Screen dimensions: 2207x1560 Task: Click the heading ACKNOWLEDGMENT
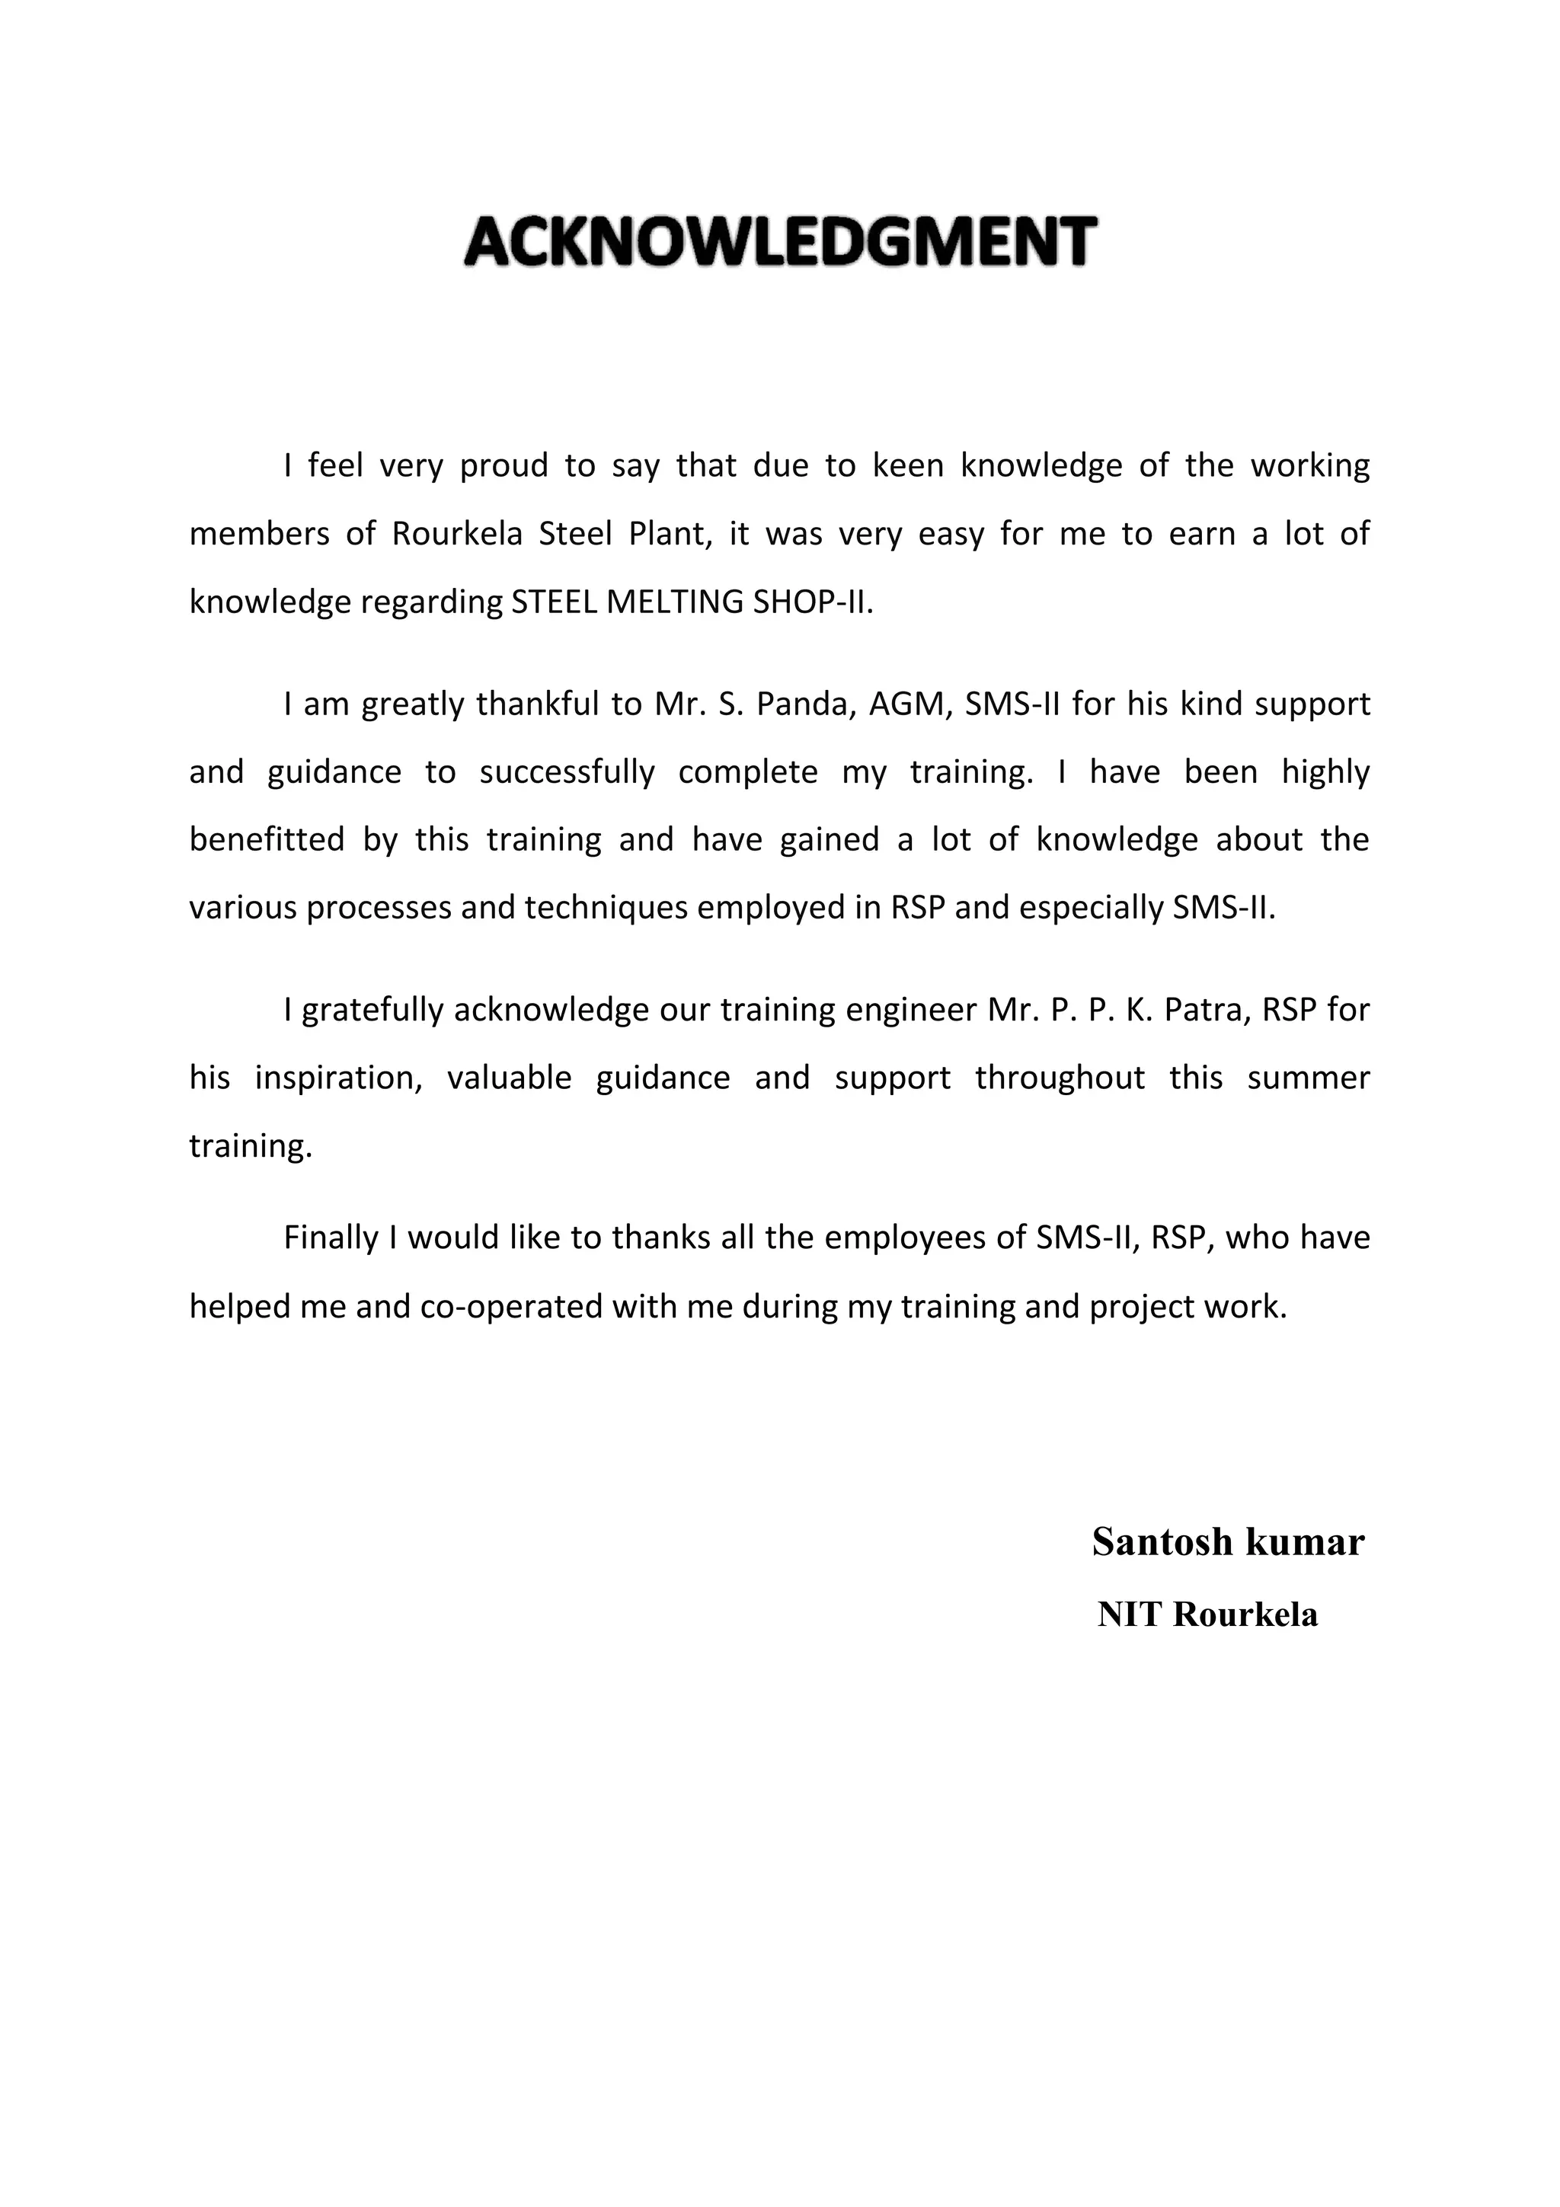[779, 241]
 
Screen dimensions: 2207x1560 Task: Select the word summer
[1308, 1078]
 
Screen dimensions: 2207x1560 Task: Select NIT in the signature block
[1130, 1615]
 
